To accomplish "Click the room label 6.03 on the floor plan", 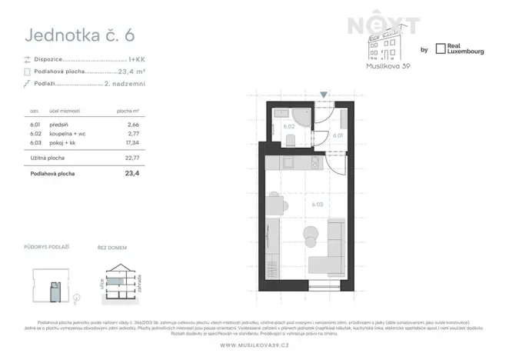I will (317, 205).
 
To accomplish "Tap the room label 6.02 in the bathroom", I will (289, 125).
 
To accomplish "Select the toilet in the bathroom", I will (291, 139).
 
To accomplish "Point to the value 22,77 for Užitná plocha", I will (134, 159).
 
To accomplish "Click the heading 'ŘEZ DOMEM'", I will (111, 246).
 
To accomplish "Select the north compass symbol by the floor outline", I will (78, 295).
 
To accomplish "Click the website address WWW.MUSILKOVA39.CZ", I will (254, 344).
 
